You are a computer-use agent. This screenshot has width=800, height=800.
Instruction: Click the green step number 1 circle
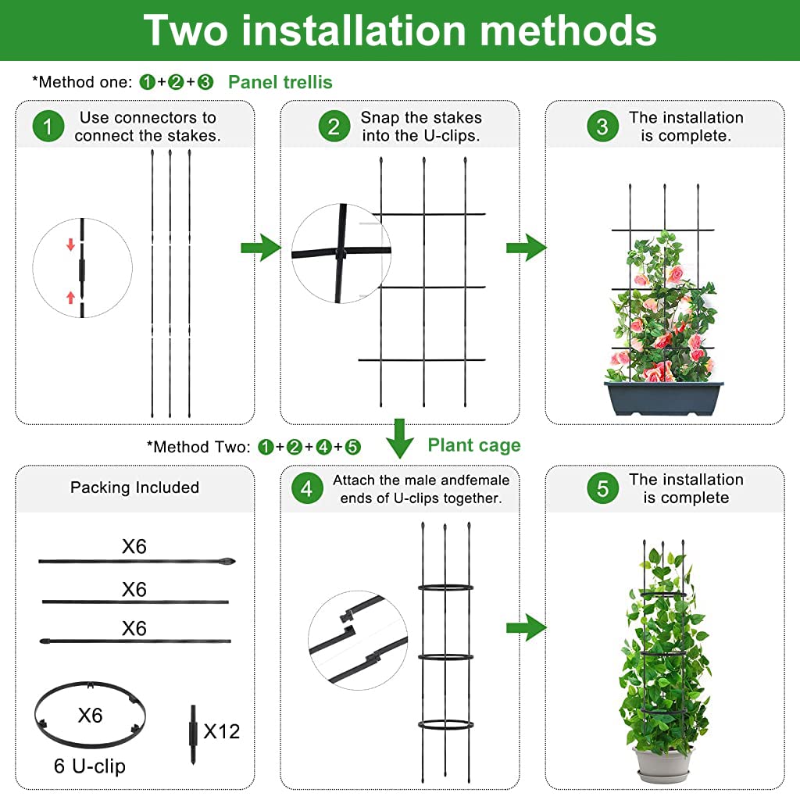point(48,127)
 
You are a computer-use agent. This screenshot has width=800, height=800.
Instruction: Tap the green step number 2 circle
point(334,127)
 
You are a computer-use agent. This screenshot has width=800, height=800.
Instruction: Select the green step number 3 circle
point(602,127)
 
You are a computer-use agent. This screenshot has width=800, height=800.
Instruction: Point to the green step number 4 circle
point(306,489)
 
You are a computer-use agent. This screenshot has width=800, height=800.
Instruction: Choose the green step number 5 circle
point(602,489)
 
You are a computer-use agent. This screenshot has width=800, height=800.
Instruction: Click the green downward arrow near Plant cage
point(400,438)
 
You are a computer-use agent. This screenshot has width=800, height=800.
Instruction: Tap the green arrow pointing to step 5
point(525,627)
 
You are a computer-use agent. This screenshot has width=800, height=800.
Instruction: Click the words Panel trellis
point(280,82)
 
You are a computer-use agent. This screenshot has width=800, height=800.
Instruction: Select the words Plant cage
point(473,445)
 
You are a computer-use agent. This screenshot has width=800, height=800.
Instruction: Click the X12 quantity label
point(222,731)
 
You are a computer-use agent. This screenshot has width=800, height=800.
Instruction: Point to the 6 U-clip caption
point(89,766)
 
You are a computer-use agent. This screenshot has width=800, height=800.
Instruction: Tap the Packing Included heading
point(134,487)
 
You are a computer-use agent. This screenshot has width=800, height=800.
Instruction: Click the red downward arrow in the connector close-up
point(70,245)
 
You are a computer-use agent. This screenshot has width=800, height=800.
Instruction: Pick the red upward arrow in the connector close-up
point(70,297)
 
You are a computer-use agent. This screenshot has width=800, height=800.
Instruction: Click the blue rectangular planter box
point(664,398)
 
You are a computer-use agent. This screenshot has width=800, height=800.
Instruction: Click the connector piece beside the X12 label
point(192,735)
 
